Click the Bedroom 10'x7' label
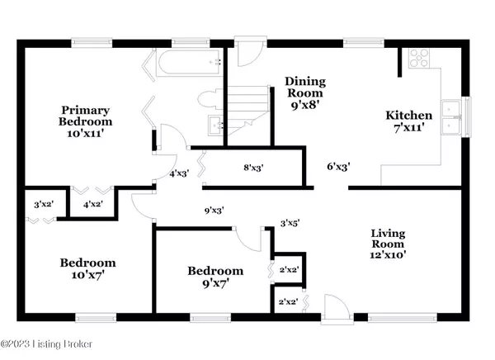pyautogui.click(x=87, y=268)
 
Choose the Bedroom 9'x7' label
pyautogui.click(x=215, y=277)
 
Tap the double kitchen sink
pyautogui.click(x=452, y=117)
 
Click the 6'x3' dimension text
pyautogui.click(x=337, y=167)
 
